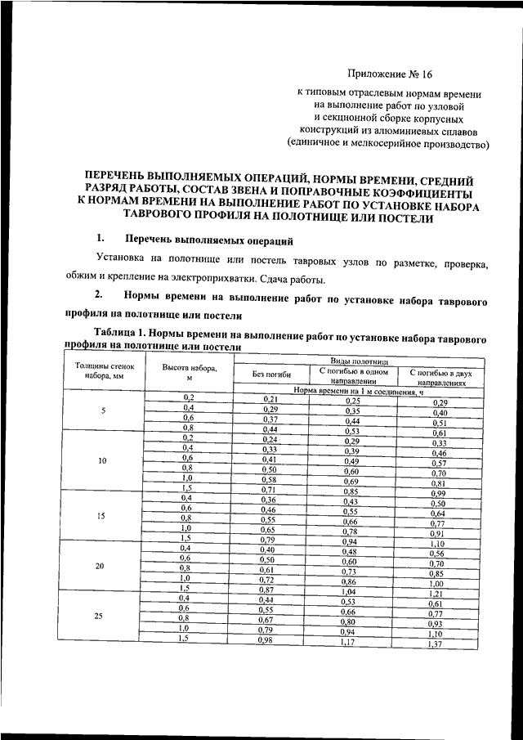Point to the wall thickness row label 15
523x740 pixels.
[102, 516]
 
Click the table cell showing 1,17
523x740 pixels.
[351, 644]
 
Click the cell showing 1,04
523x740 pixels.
[351, 590]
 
